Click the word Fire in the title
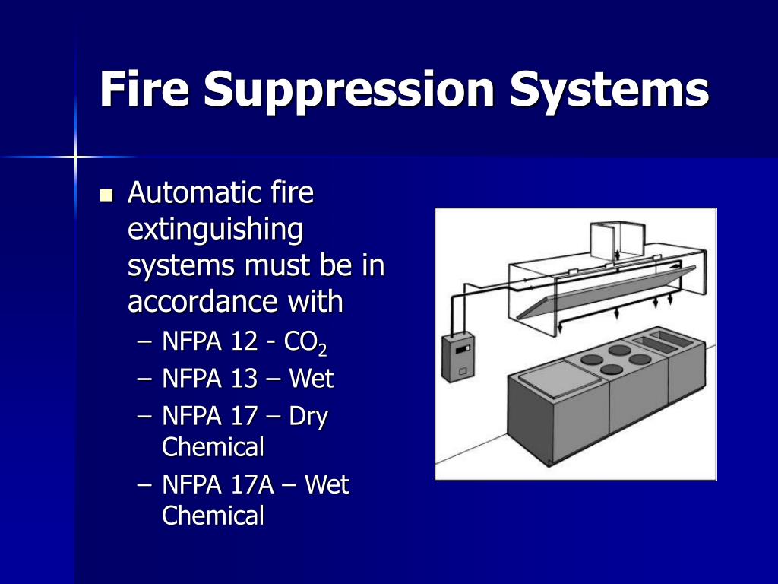pos(144,90)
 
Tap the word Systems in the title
pos(609,90)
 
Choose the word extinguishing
pos(215,230)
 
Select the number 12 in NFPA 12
pos(245,343)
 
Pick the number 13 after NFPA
pos(245,379)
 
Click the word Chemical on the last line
pos(213,516)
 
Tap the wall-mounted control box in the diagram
pos(459,358)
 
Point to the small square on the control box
pos(463,371)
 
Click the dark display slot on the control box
pos(466,350)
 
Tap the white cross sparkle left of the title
pos(76,157)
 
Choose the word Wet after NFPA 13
pos(312,379)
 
